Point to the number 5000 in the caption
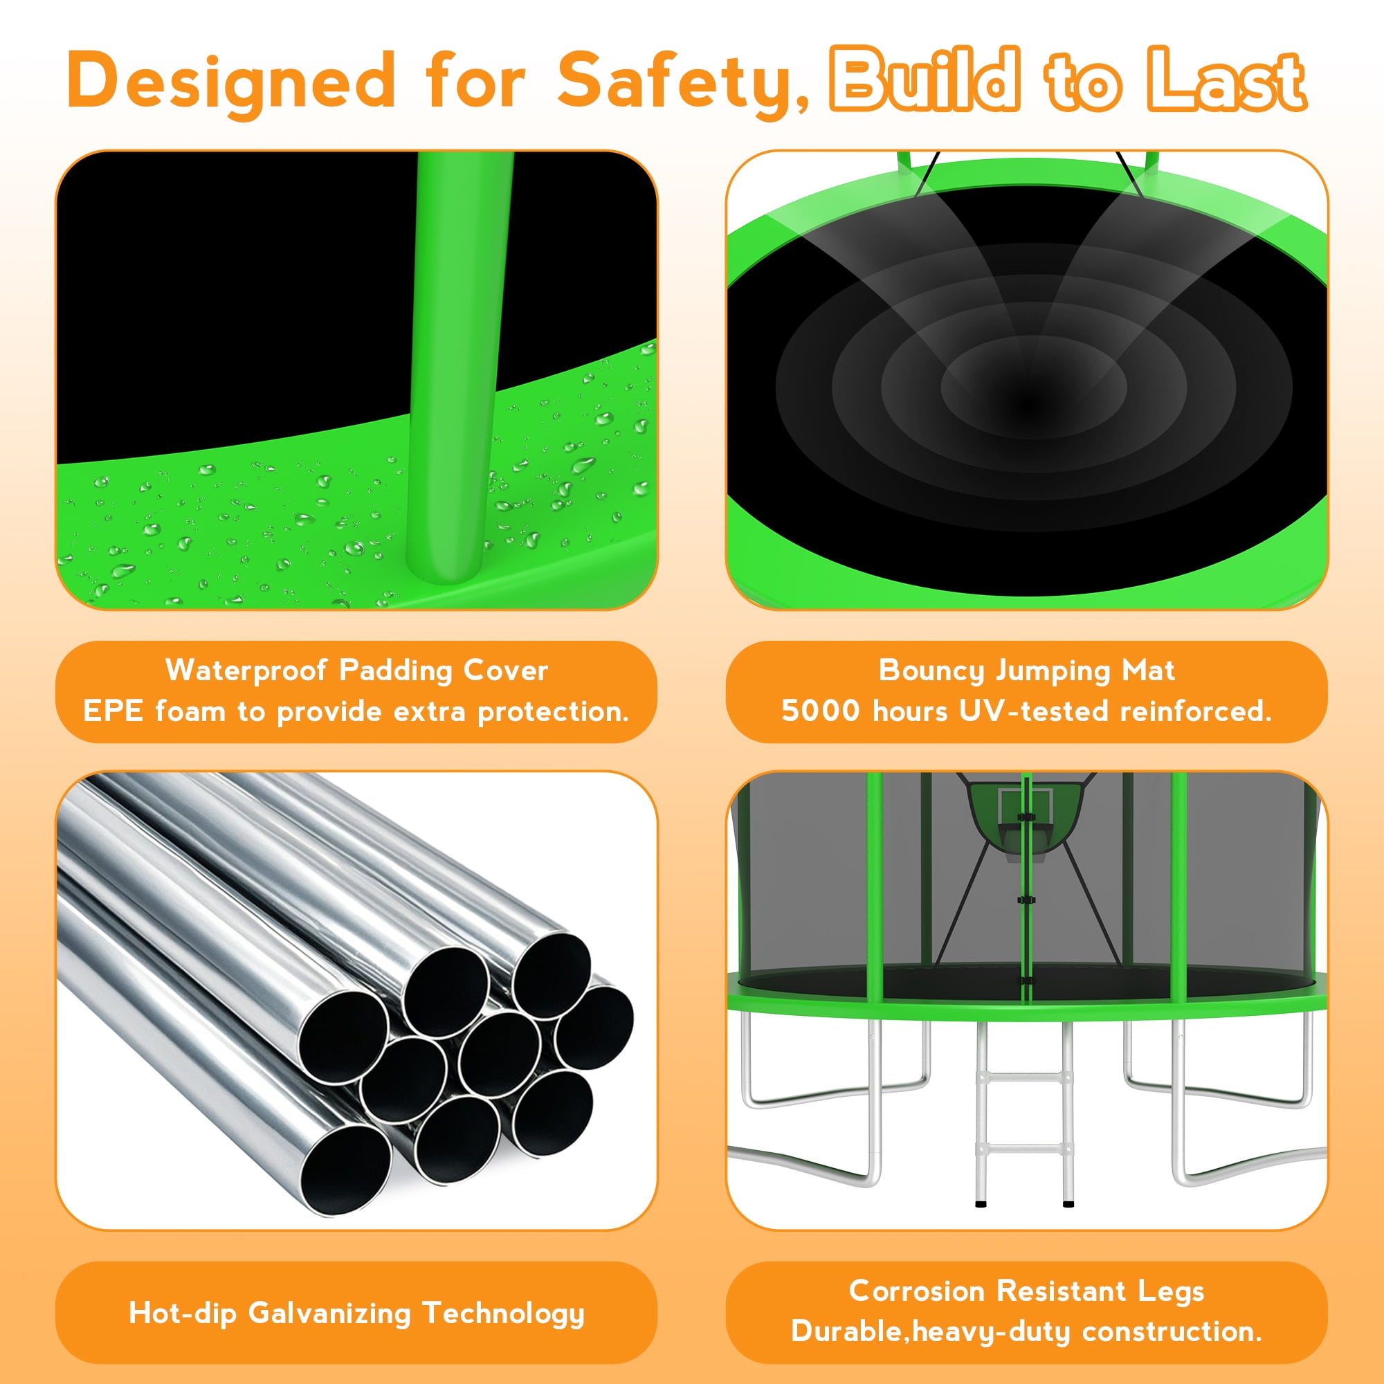click(x=820, y=711)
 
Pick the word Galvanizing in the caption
click(x=329, y=1314)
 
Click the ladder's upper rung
click(x=1024, y=1075)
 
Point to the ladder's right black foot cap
click(x=1068, y=1203)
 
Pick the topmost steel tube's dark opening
click(x=551, y=974)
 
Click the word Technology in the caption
click(x=504, y=1314)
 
